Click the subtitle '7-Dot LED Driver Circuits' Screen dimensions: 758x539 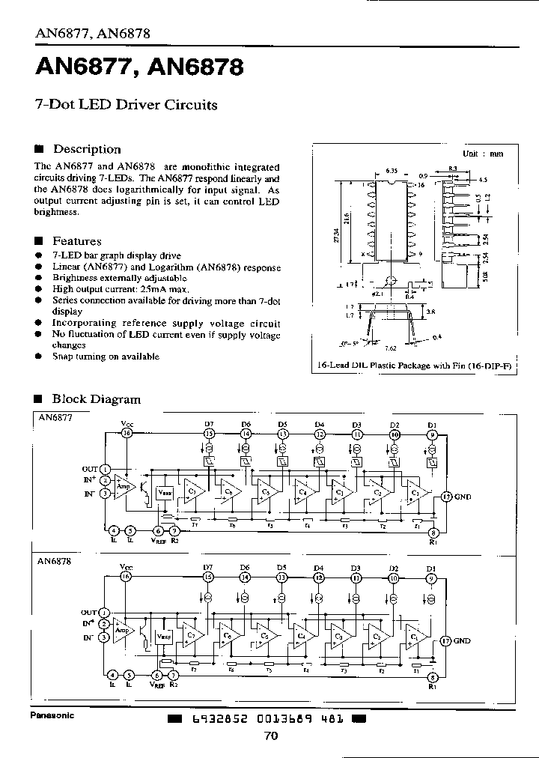127,105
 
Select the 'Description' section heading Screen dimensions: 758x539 87,149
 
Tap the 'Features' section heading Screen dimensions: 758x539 76,241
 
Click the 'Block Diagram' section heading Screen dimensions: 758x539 96,399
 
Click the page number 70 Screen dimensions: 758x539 271,736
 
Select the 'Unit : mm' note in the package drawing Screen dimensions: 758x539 483,153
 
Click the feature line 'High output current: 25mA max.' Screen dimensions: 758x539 121,289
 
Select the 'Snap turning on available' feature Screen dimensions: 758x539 106,357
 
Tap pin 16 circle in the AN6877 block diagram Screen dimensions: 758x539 127,433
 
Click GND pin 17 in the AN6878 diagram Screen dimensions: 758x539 445,640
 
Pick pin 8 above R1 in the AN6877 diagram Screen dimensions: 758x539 432,533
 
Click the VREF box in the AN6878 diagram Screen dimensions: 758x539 164,637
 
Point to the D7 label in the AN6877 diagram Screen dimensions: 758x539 209,424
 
